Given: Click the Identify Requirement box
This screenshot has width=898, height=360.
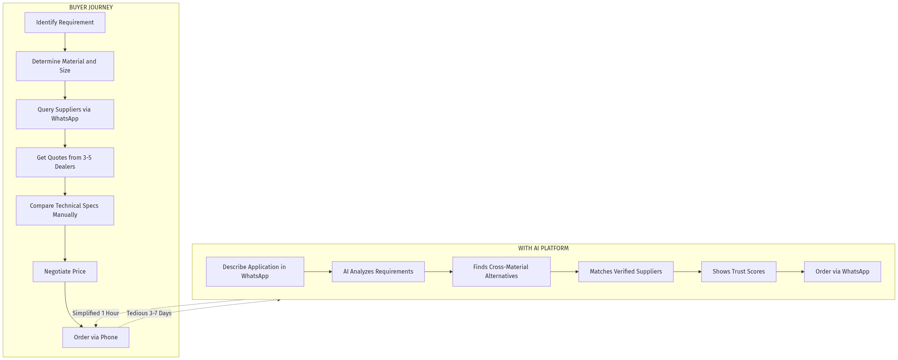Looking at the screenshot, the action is pos(65,23).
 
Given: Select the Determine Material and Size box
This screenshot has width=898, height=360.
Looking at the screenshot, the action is pos(65,66).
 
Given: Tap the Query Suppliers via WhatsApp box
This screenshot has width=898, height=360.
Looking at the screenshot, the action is pos(65,114).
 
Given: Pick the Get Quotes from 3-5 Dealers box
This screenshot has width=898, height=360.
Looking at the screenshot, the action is pos(65,162).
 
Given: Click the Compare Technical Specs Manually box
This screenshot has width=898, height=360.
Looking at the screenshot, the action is pos(65,210).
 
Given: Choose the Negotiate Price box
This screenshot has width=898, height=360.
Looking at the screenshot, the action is pos(65,272).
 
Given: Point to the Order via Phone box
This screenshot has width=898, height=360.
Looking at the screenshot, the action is pos(96,337).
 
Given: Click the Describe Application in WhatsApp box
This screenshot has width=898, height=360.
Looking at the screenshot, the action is pos(255,272).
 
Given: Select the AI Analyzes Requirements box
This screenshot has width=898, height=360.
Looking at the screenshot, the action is pos(378,272).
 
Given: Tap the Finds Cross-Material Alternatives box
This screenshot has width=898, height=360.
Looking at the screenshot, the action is pos(502,272).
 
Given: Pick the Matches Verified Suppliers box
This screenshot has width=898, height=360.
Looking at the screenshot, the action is pos(626,272).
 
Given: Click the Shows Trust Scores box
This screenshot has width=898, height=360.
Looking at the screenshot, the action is pos(739,272).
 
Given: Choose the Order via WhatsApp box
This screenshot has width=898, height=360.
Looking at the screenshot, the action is pos(842,272).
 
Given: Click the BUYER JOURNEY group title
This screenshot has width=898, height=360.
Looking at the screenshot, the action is pos(91,8).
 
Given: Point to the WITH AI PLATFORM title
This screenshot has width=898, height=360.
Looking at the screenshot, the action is pos(543,248).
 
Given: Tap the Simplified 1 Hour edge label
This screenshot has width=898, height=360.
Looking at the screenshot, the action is pos(96,313).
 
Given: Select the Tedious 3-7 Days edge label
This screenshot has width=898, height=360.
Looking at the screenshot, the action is pos(149,313).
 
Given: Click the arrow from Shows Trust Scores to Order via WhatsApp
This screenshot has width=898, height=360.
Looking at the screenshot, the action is pos(790,272).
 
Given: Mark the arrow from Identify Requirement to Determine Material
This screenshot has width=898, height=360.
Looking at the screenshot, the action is pos(65,42).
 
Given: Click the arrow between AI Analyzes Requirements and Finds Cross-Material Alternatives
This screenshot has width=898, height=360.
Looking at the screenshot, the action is pos(438,272).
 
